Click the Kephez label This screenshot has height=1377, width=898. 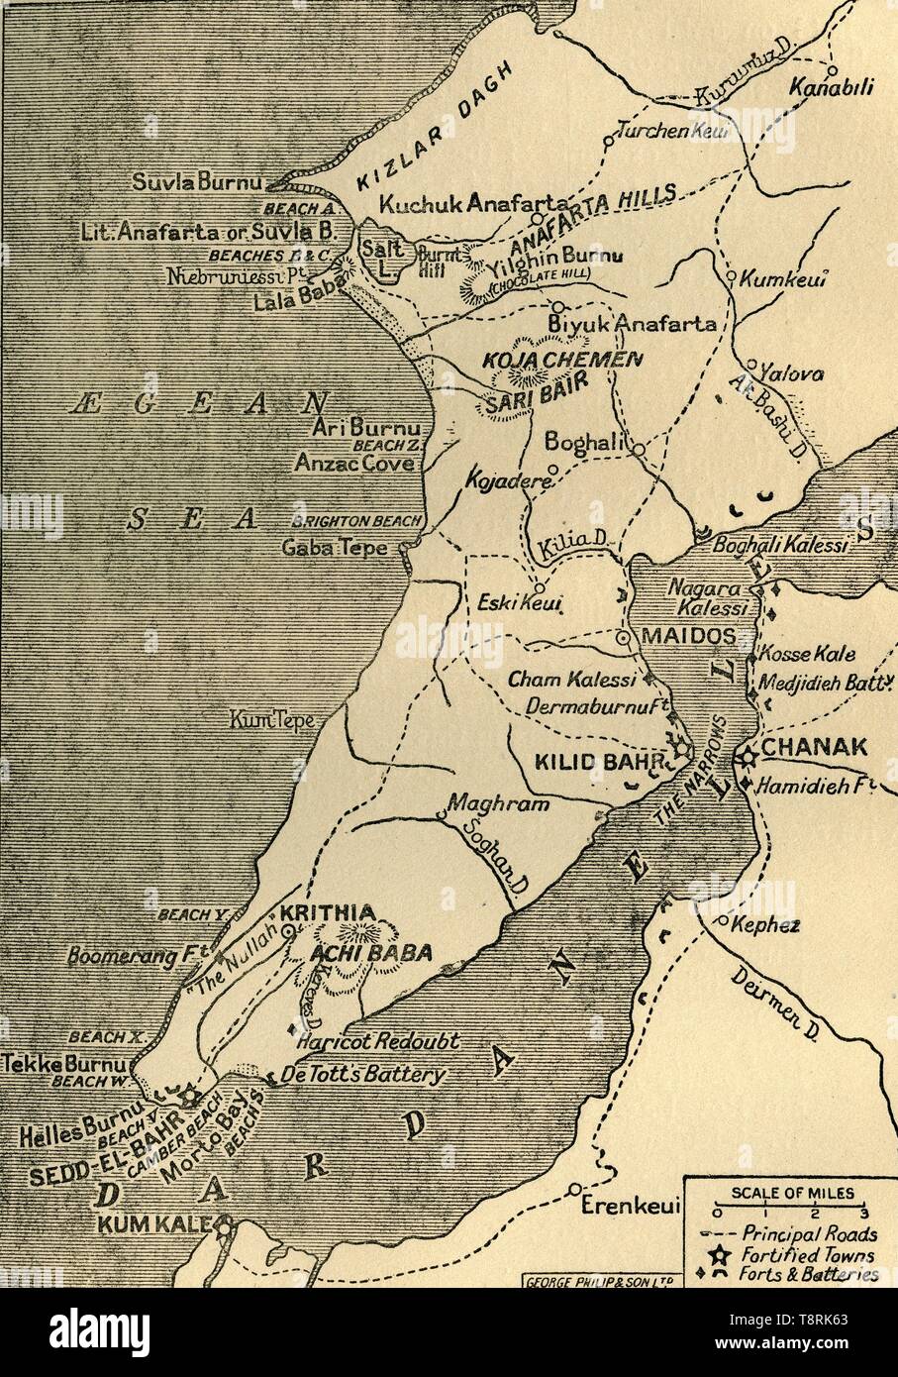[x=764, y=925]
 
